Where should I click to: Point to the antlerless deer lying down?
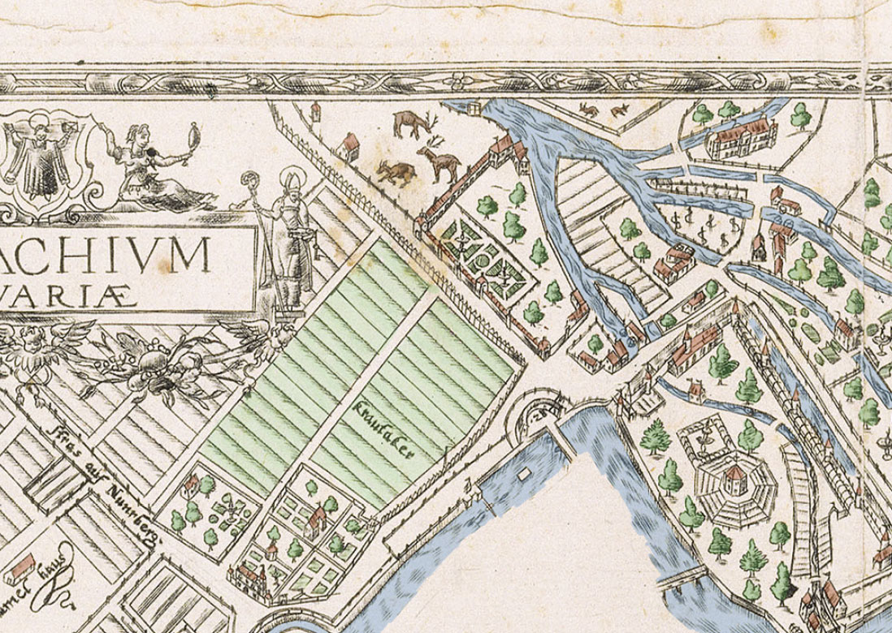(395, 171)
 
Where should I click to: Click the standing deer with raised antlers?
(439, 159)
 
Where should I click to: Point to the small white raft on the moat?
(523, 472)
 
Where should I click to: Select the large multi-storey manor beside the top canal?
(739, 136)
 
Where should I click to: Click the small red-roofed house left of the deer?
(350, 145)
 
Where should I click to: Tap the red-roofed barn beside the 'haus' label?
(20, 568)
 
